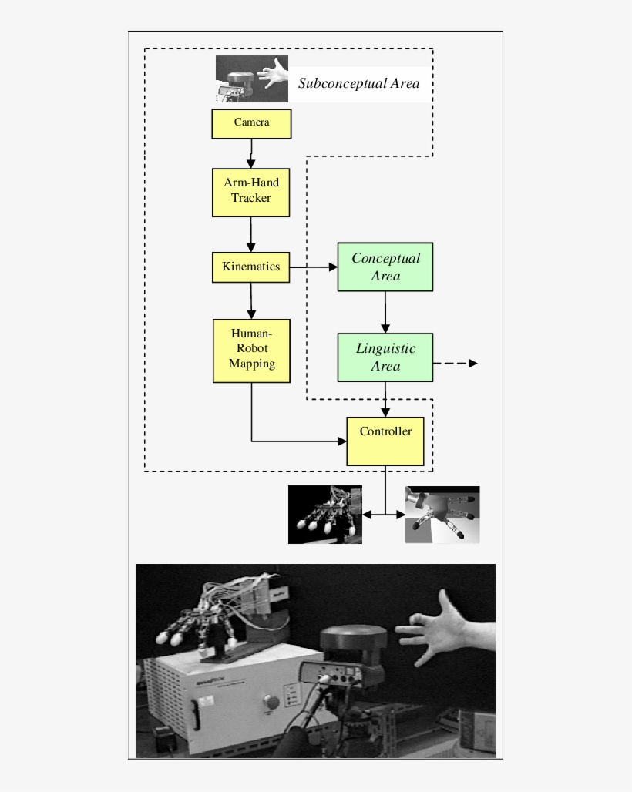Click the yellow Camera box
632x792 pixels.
pyautogui.click(x=251, y=123)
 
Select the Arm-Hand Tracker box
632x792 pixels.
pyautogui.click(x=251, y=193)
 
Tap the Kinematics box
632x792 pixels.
pyautogui.click(x=251, y=267)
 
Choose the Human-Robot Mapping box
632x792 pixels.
pyautogui.click(x=251, y=351)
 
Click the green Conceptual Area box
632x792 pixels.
pyautogui.click(x=385, y=267)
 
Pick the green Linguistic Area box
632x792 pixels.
pyautogui.click(x=385, y=357)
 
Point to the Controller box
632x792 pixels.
pyautogui.click(x=385, y=441)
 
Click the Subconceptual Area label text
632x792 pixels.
pyautogui.click(x=358, y=83)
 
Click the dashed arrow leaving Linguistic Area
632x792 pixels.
pyautogui.click(x=456, y=363)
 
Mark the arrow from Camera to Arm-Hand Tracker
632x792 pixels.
pyautogui.click(x=251, y=154)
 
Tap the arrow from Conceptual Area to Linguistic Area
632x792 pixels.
pyautogui.click(x=385, y=311)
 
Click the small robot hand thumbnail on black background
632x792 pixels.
pyautogui.click(x=324, y=514)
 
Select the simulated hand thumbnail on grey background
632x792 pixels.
pyautogui.click(x=442, y=514)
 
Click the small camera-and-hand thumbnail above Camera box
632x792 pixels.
pyautogui.click(x=251, y=79)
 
